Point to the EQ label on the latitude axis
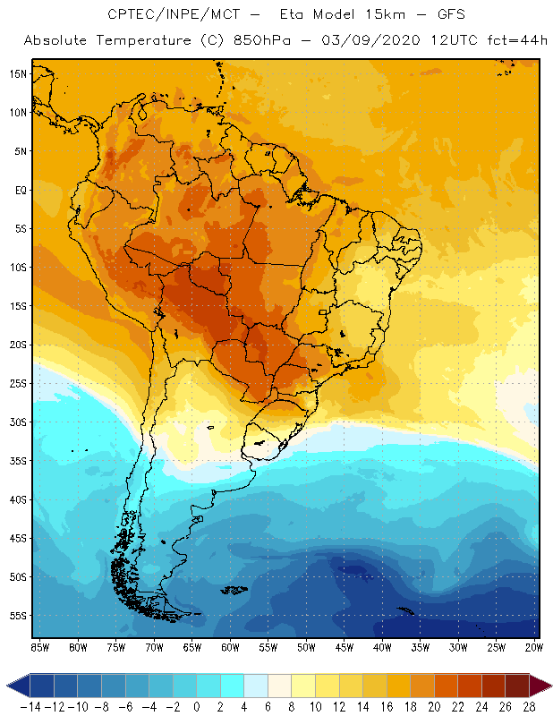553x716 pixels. tap(21, 190)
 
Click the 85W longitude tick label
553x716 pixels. tap(39, 647)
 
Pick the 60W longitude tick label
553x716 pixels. tap(230, 647)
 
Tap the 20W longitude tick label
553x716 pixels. tap(534, 647)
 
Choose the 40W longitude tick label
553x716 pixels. tap(382, 647)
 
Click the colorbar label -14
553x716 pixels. tap(29, 706)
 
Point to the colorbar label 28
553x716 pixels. tap(530, 706)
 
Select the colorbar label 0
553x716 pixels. tap(196, 706)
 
